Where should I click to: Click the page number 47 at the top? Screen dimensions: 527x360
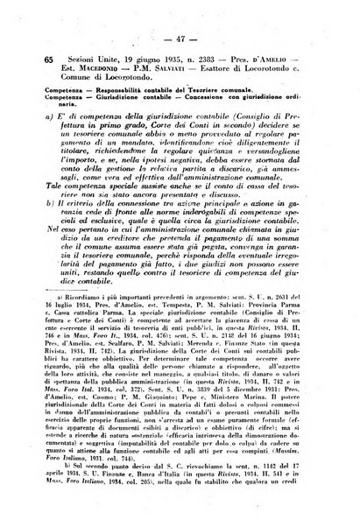point(181,39)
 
